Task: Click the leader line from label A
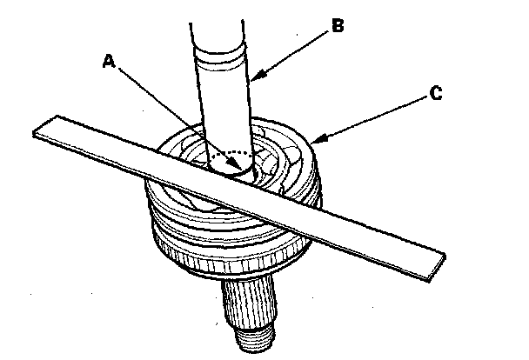tap(174, 113)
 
